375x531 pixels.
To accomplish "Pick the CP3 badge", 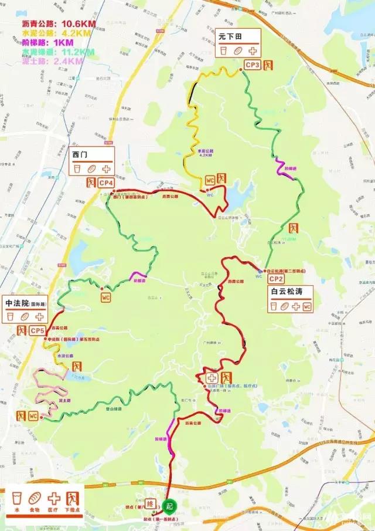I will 253,65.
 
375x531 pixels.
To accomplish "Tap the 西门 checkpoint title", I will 80,154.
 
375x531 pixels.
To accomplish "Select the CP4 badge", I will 106,183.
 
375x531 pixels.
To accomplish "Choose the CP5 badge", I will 39,331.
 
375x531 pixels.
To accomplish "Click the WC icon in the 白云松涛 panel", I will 307,306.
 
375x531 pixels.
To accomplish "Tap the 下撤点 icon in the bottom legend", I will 73,500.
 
